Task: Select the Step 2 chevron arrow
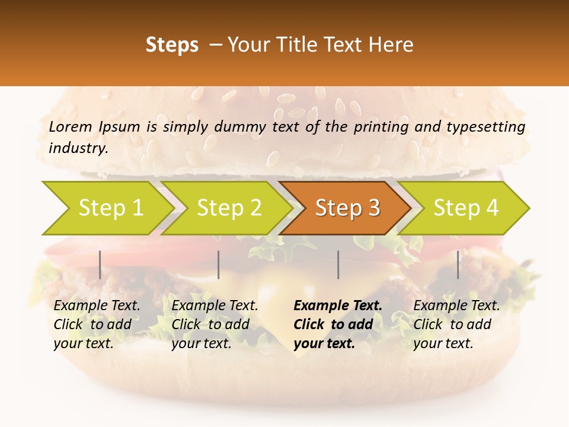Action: point(228,208)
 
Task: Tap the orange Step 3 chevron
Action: point(347,208)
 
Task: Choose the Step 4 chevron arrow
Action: point(465,208)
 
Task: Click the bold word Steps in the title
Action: point(172,44)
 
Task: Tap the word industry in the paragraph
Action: point(78,148)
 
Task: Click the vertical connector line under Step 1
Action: point(100,265)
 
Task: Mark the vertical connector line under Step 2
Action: point(219,265)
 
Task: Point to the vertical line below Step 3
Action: point(338,265)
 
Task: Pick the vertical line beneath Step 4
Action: point(458,265)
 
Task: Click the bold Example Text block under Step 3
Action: point(337,324)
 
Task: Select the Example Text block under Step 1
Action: point(97,324)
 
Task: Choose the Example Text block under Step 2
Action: point(215,324)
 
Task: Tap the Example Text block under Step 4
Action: point(456,324)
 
